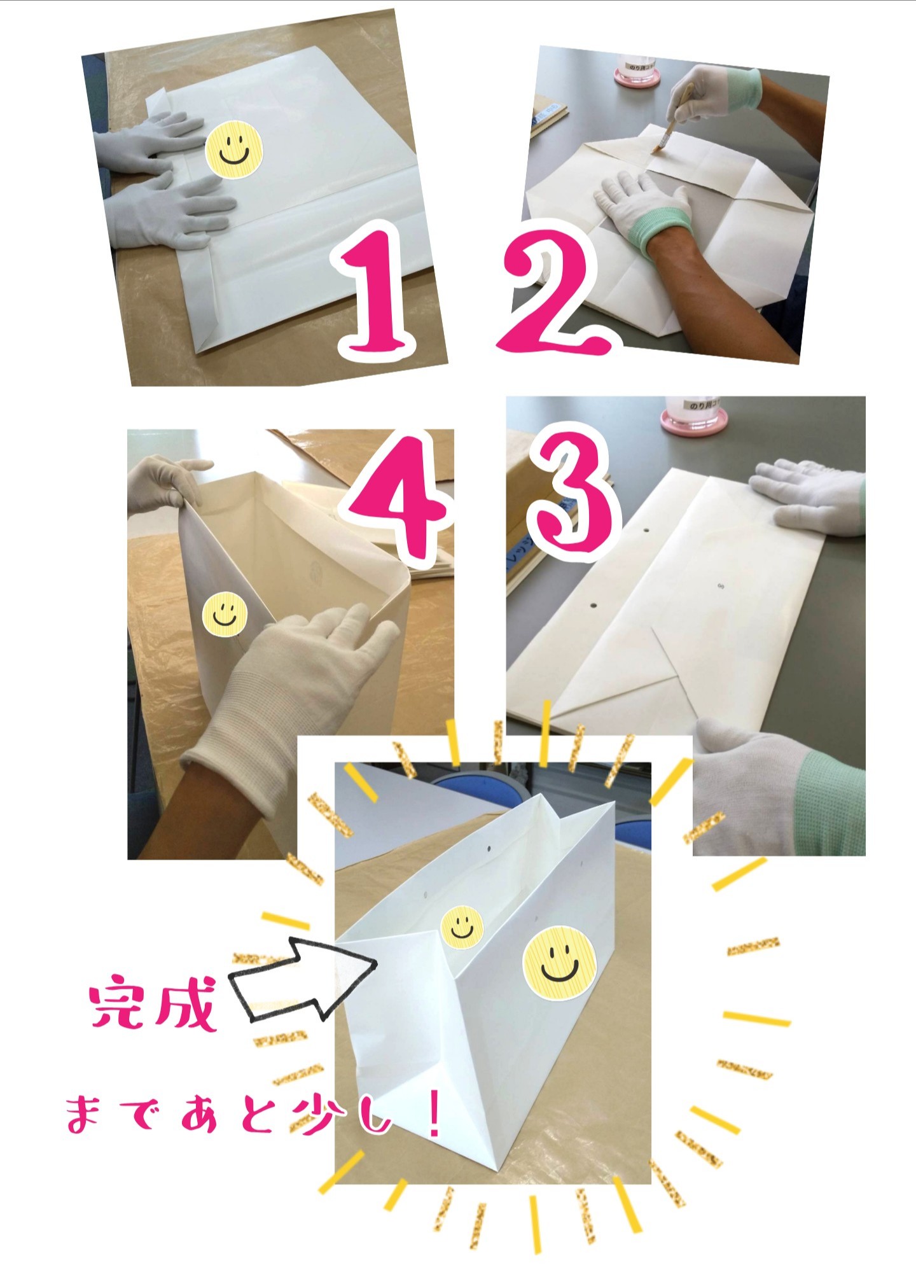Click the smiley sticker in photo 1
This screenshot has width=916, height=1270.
[234, 150]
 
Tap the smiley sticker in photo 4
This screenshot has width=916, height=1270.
[225, 615]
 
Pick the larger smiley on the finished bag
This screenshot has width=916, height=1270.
[559, 961]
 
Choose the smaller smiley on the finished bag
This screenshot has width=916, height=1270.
[462, 926]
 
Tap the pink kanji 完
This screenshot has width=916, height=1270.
[118, 1003]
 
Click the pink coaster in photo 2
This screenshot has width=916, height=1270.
[636, 75]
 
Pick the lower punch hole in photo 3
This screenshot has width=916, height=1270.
[593, 606]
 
